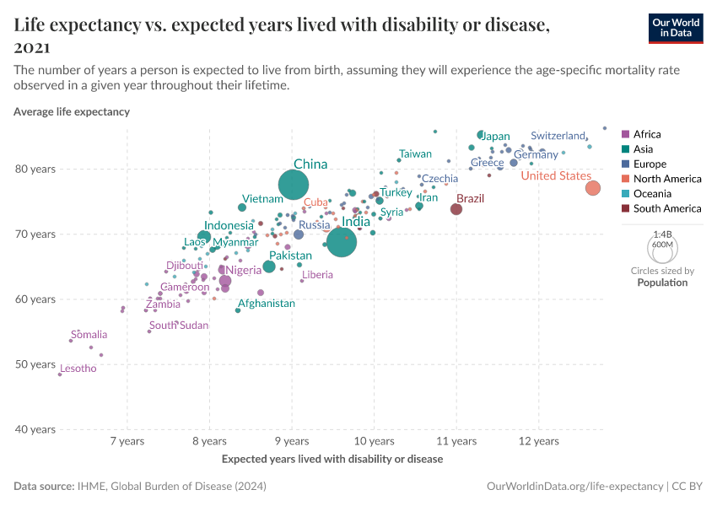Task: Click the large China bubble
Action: tap(294, 184)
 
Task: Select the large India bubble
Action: tap(342, 242)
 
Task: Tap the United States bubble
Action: tap(593, 188)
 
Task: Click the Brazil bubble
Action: tap(456, 209)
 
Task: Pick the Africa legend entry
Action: tap(647, 134)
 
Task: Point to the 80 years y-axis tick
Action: tap(36, 169)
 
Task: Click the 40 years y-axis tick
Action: tap(36, 429)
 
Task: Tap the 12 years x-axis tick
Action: tap(539, 441)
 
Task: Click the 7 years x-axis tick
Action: tap(127, 441)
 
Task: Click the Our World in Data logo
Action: tap(676, 28)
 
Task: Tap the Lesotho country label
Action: tap(78, 369)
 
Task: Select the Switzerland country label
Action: tap(558, 136)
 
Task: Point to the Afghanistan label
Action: tap(267, 304)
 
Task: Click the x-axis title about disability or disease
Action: tap(332, 460)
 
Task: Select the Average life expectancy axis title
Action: tap(72, 111)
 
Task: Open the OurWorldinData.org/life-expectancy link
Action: tap(575, 487)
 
